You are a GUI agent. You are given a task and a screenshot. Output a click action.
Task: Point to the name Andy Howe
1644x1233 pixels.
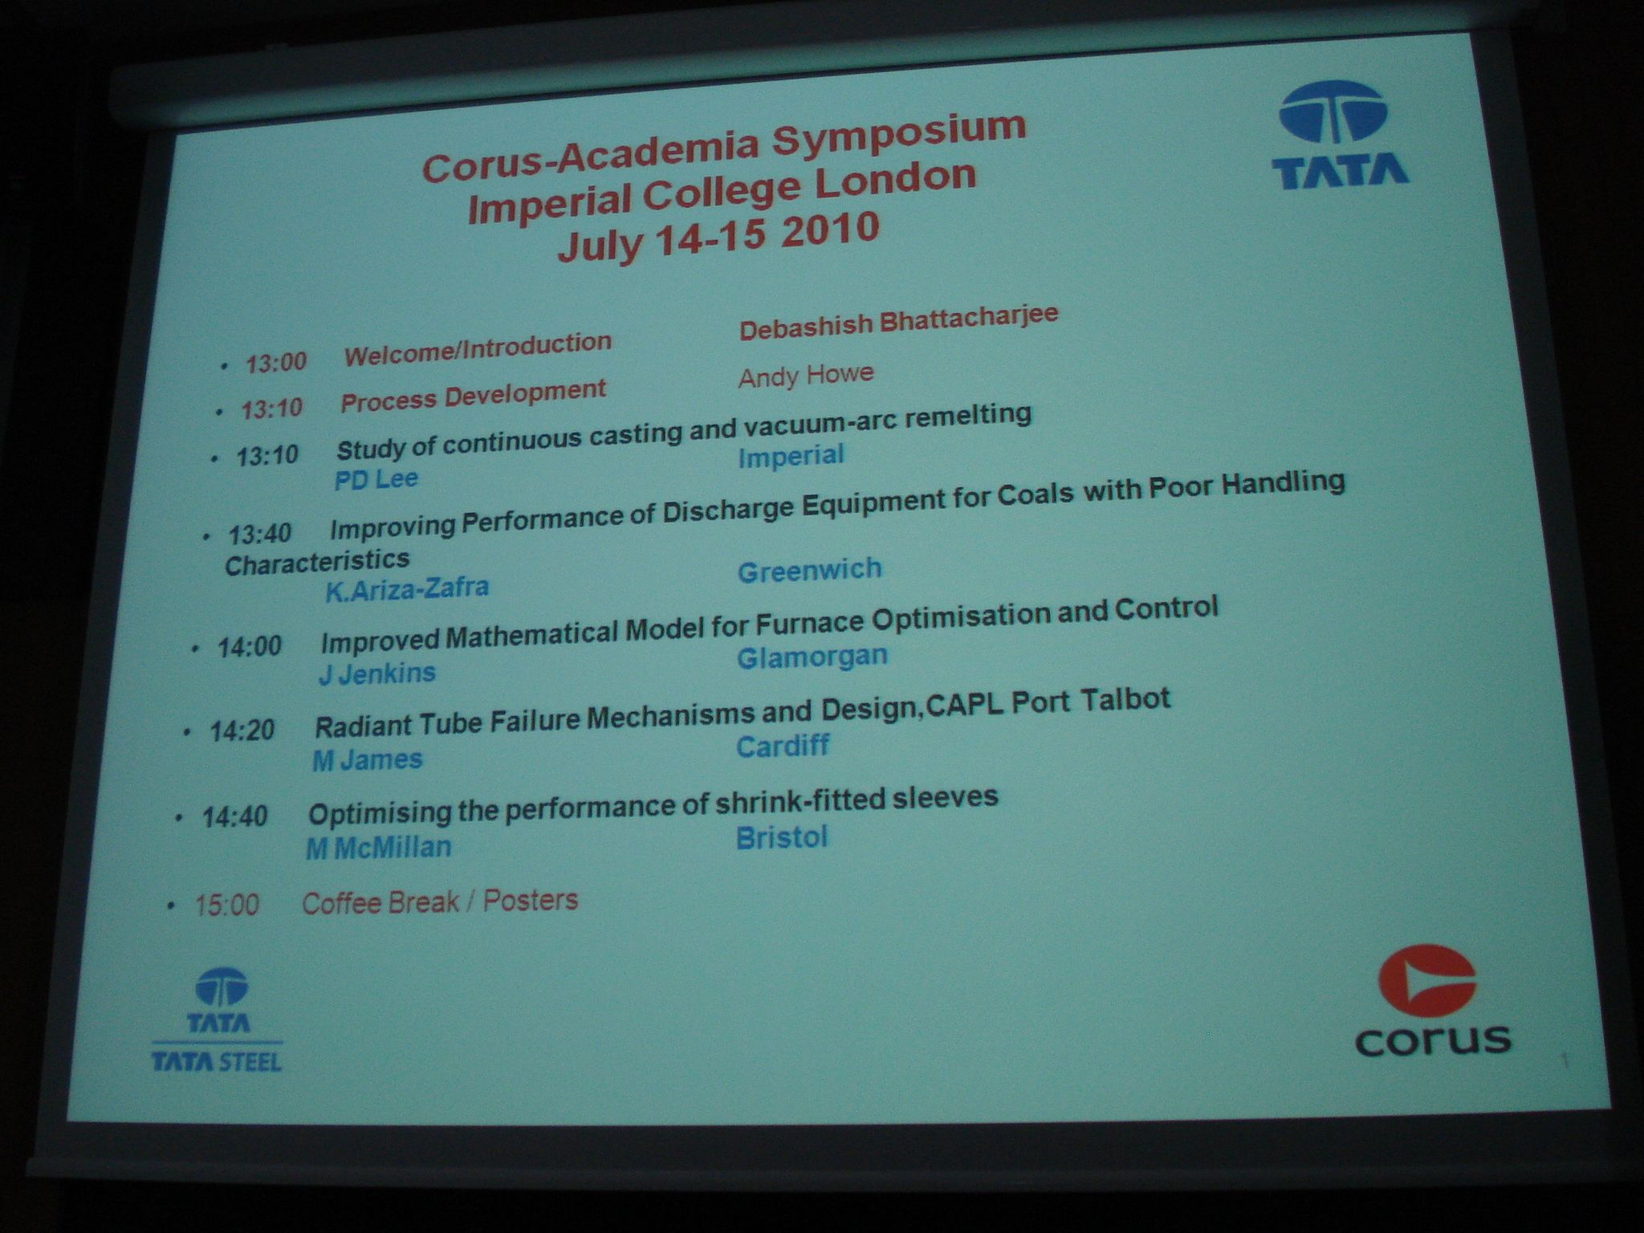[806, 376]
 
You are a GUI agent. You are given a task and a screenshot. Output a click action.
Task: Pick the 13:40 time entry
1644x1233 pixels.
[260, 533]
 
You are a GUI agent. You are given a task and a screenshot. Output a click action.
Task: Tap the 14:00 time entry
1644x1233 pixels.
[250, 646]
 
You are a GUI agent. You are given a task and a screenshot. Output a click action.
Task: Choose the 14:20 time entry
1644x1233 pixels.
[242, 730]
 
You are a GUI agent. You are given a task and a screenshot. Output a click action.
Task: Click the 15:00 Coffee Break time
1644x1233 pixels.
[227, 905]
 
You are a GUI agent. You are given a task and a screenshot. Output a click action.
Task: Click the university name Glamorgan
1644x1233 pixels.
[812, 657]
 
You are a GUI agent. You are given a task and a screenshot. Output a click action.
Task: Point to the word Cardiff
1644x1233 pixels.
[783, 747]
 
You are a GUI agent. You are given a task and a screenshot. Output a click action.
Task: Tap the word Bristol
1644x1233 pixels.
[782, 837]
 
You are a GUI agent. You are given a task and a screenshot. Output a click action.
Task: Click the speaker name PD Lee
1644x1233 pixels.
[376, 479]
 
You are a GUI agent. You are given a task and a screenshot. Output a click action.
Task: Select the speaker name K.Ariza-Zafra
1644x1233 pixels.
[407, 589]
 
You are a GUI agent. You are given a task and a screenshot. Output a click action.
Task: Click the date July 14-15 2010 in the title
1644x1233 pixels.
[719, 237]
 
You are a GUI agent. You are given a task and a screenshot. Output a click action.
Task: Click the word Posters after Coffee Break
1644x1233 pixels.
[531, 901]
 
